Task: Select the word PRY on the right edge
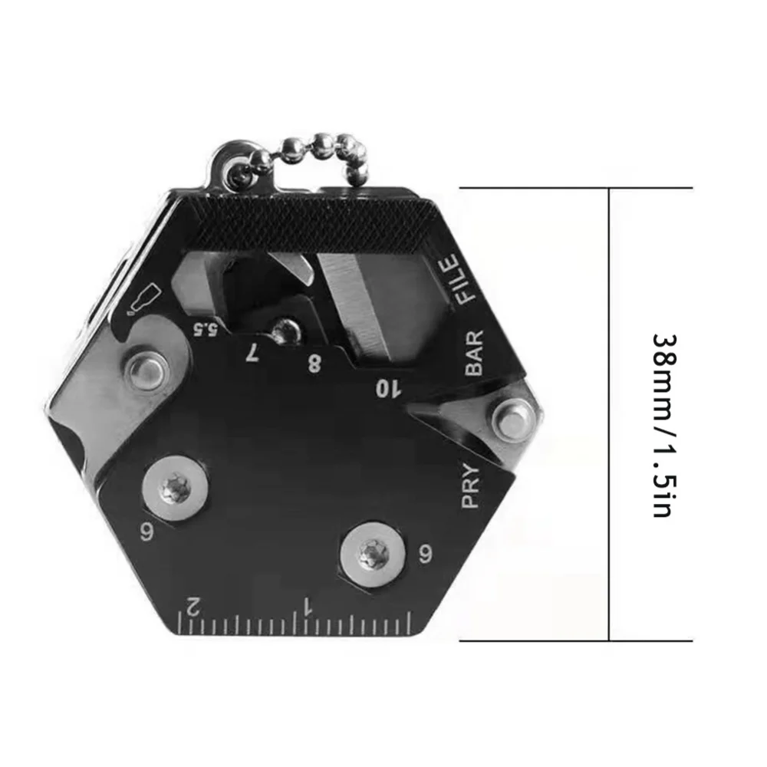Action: [x=470, y=486]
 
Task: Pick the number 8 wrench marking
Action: [x=314, y=363]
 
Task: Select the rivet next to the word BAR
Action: [x=509, y=417]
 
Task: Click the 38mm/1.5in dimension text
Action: [x=661, y=425]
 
